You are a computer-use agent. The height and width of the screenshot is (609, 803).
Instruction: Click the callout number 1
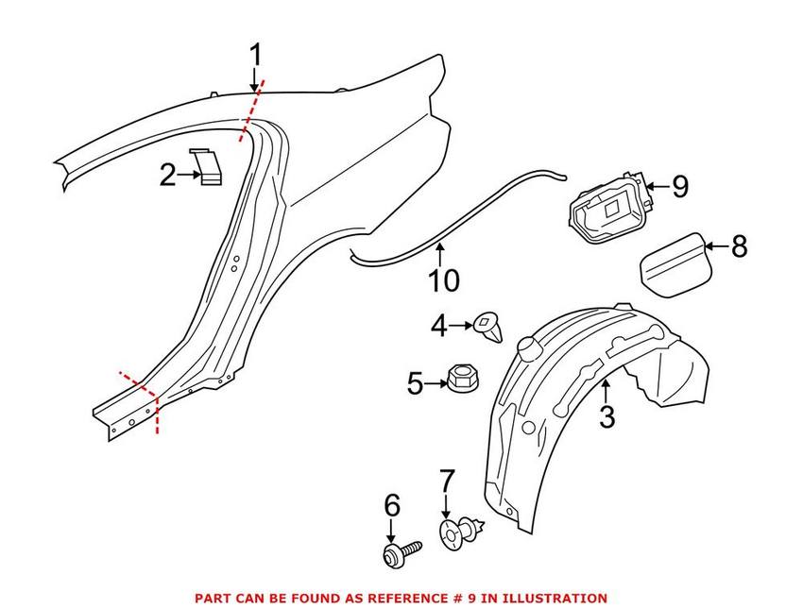coord(255,56)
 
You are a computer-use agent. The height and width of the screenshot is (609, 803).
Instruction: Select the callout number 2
coord(167,175)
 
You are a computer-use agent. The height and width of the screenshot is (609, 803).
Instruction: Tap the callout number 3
coord(607,415)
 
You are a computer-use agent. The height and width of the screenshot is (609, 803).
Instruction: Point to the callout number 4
coord(438,327)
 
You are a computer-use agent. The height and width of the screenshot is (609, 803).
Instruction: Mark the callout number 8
coord(739,246)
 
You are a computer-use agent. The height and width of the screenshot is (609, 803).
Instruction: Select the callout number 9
coord(680,187)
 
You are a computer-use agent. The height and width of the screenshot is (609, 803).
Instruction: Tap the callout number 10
coord(444,280)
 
